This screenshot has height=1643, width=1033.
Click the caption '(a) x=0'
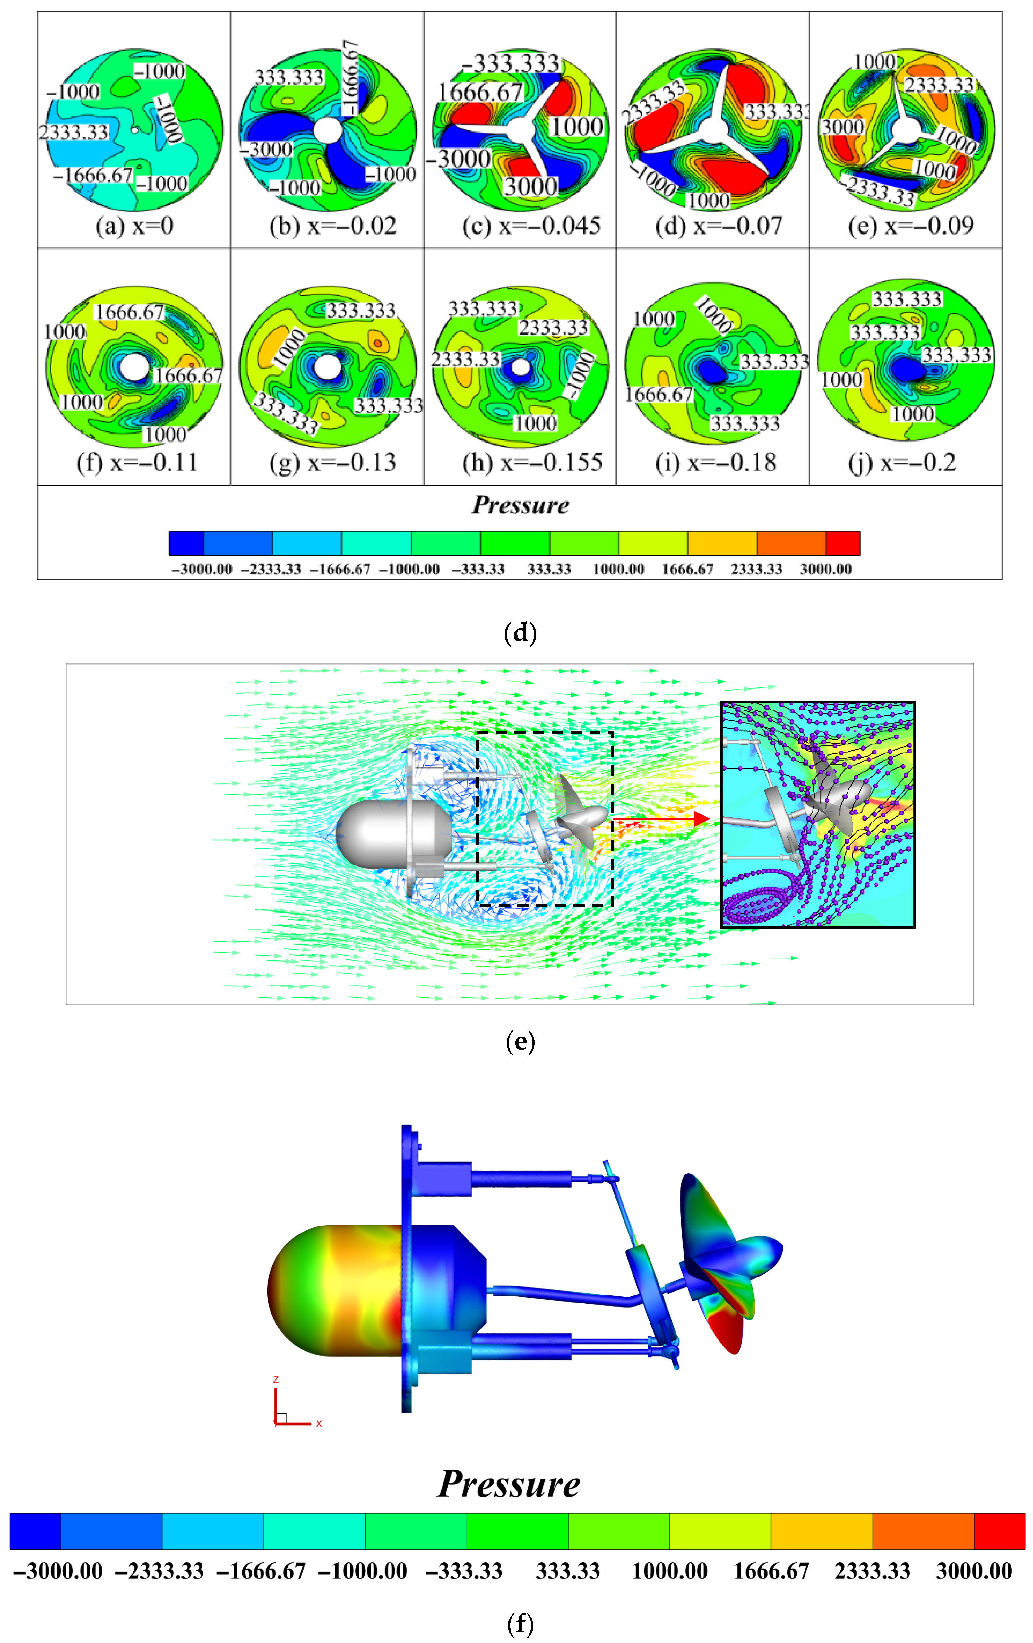tap(134, 226)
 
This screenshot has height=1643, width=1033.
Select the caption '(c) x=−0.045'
tap(531, 226)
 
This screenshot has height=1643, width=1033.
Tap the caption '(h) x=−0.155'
tap(532, 463)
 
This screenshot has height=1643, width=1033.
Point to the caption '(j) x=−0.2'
tap(902, 463)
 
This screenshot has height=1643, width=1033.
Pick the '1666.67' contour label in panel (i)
tap(659, 394)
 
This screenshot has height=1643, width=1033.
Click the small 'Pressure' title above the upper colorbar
tap(520, 505)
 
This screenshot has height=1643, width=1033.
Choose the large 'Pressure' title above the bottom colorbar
tap(509, 1484)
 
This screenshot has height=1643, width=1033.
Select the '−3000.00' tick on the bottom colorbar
tap(58, 1571)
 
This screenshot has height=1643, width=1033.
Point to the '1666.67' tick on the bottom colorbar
tap(771, 1571)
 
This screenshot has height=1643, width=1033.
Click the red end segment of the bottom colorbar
tap(1000, 1531)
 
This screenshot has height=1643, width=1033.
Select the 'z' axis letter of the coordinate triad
tap(276, 1380)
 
